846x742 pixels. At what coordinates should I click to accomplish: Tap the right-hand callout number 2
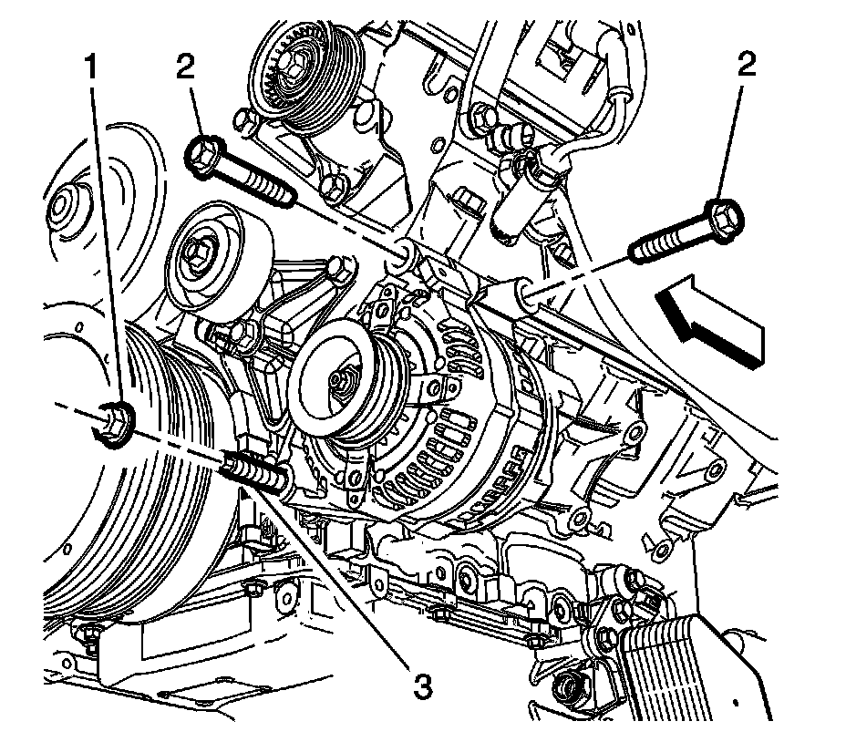(748, 64)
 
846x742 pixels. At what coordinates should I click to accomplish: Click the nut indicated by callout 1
(110, 425)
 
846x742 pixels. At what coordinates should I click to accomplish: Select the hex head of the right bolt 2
(727, 215)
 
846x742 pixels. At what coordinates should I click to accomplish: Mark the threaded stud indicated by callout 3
(252, 471)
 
